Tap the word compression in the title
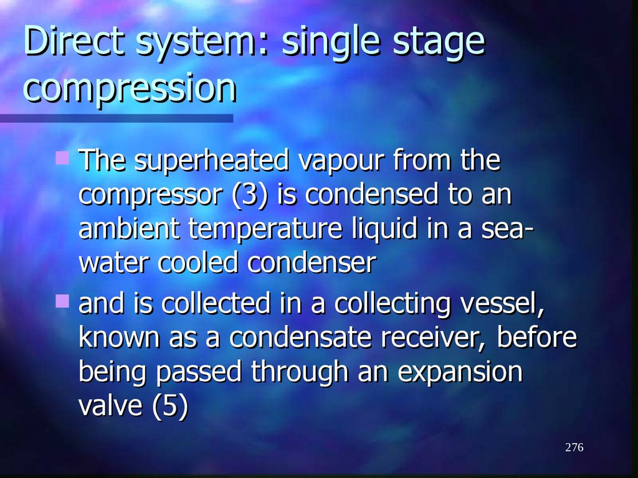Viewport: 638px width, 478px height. click(x=130, y=89)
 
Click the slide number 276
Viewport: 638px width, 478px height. click(x=574, y=448)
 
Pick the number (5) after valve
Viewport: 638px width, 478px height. click(x=169, y=407)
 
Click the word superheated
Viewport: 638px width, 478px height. click(x=212, y=161)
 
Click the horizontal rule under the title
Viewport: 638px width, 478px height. click(x=117, y=118)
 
